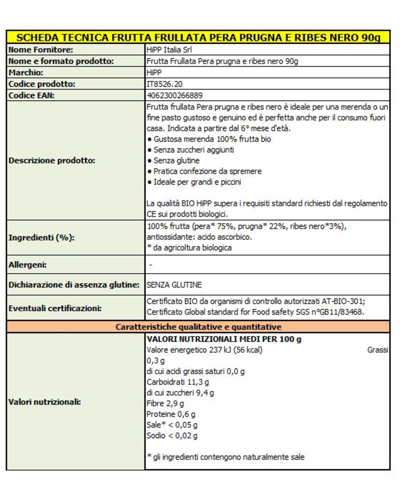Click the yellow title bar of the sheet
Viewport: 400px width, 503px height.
(x=198, y=38)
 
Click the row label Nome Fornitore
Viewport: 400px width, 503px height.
(x=41, y=50)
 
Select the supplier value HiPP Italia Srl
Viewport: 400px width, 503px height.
(x=169, y=50)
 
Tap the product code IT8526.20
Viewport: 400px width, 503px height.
(x=164, y=84)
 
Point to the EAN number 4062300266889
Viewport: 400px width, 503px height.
(x=175, y=95)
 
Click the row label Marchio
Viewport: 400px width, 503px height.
(x=26, y=73)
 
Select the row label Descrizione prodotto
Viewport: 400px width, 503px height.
(x=52, y=160)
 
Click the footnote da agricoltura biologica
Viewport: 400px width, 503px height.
(x=189, y=248)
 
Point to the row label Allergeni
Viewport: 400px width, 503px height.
(x=27, y=265)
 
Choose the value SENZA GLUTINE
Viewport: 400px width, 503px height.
(x=174, y=285)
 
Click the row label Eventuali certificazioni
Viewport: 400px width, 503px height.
(x=55, y=308)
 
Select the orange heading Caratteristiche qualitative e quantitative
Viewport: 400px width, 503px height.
(x=198, y=327)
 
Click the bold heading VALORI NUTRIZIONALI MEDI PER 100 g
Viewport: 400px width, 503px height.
(x=224, y=339)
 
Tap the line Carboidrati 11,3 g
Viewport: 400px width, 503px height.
(x=178, y=382)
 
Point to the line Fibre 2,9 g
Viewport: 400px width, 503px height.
(x=165, y=403)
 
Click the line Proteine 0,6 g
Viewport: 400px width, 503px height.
(x=171, y=414)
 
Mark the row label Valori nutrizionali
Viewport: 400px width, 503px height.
(x=45, y=402)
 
